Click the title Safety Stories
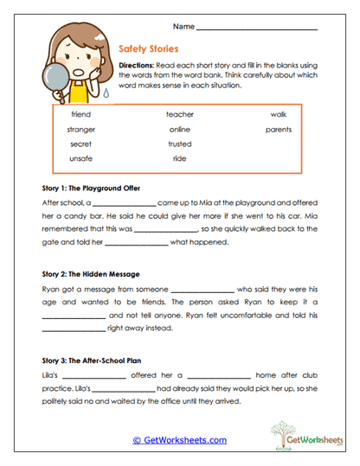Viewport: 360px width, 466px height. coord(149,51)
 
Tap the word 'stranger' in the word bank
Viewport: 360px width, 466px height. coord(80,129)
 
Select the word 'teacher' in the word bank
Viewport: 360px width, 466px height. coord(180,114)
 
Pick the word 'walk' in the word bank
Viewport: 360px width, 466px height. coord(278,114)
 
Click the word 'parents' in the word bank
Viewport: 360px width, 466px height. coord(278,129)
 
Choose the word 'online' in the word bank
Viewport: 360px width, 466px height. coord(180,129)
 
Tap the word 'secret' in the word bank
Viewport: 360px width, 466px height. coord(80,144)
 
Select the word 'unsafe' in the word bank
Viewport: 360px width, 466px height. coord(80,159)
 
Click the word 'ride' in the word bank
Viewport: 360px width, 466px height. coord(180,159)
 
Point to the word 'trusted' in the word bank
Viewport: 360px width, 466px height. coord(180,144)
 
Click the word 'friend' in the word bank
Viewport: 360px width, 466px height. coord(80,114)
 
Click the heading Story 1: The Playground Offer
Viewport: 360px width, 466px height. coord(91,188)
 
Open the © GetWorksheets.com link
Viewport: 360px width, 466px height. coord(179,440)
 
